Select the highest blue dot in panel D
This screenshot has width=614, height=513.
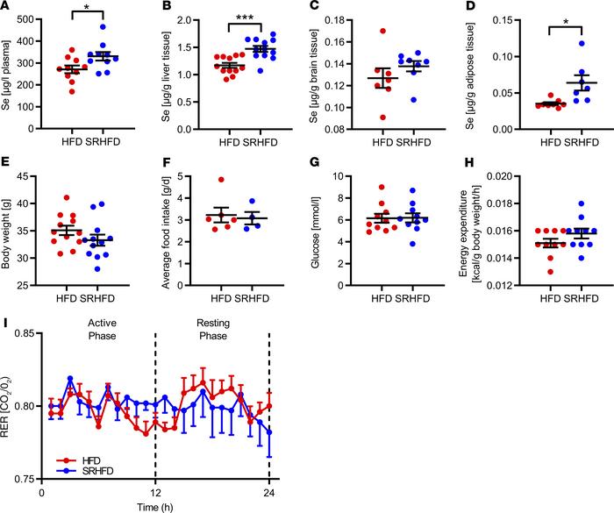pyautogui.click(x=552, y=43)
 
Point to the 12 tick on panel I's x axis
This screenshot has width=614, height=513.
pyautogui.click(x=156, y=491)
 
